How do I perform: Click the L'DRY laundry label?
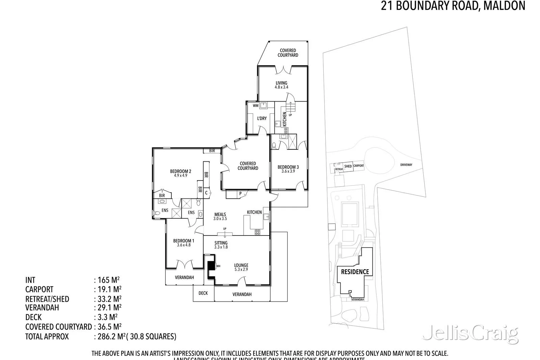262,118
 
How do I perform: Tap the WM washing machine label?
255,106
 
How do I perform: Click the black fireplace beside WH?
211,266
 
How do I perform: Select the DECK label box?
203,293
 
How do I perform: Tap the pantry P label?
240,194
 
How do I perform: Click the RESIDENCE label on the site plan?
355,272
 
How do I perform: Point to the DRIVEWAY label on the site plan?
406,165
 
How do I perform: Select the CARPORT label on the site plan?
358,166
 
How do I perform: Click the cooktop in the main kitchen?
258,232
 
